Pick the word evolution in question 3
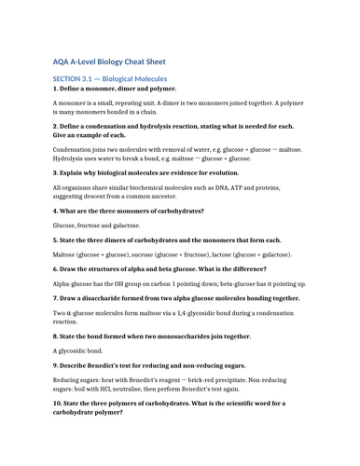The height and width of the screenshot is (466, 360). (216, 172)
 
